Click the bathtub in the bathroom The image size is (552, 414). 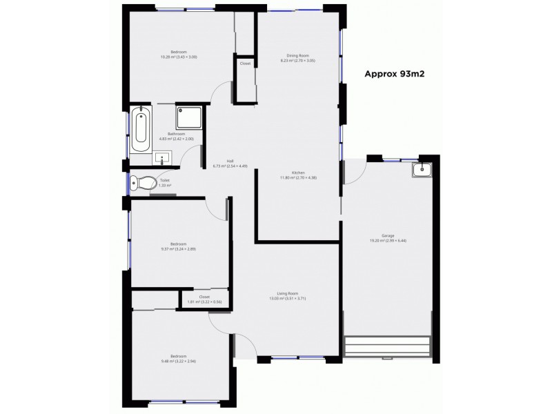point(140,129)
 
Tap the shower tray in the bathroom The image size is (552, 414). point(189,117)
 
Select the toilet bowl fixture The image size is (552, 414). point(144,184)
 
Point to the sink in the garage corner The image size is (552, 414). point(420,170)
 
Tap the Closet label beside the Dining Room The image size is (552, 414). point(245,63)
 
